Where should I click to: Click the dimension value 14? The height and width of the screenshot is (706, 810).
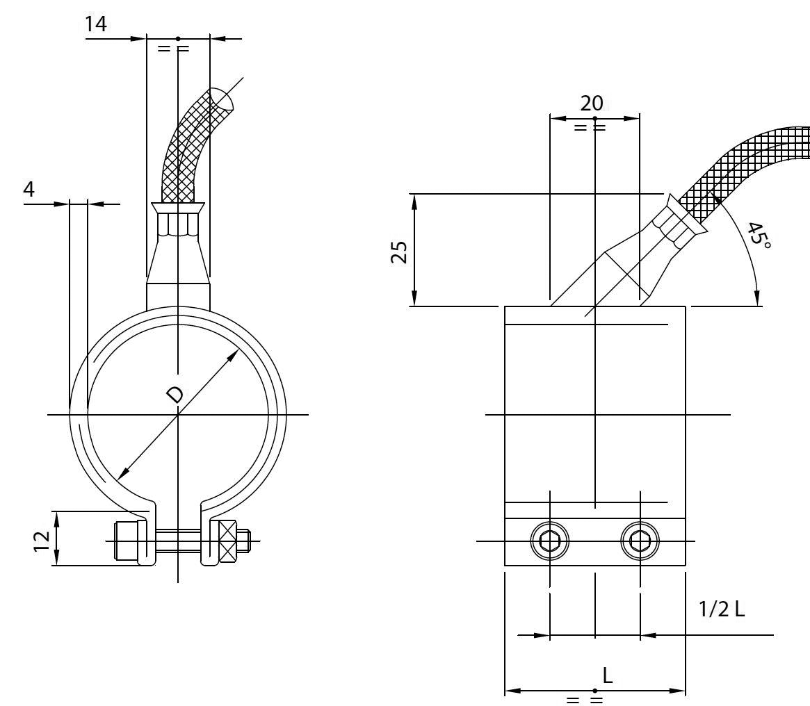(x=96, y=24)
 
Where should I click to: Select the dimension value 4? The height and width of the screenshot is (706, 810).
(x=29, y=190)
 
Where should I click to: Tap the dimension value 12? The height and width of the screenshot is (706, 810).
(x=42, y=539)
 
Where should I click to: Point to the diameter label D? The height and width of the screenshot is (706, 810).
(x=176, y=395)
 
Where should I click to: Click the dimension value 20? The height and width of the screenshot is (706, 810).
(x=592, y=104)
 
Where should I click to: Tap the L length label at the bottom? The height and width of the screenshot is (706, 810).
(x=607, y=675)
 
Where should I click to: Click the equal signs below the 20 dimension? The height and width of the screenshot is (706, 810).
(x=590, y=128)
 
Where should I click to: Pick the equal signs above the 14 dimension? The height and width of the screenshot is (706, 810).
(x=173, y=49)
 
